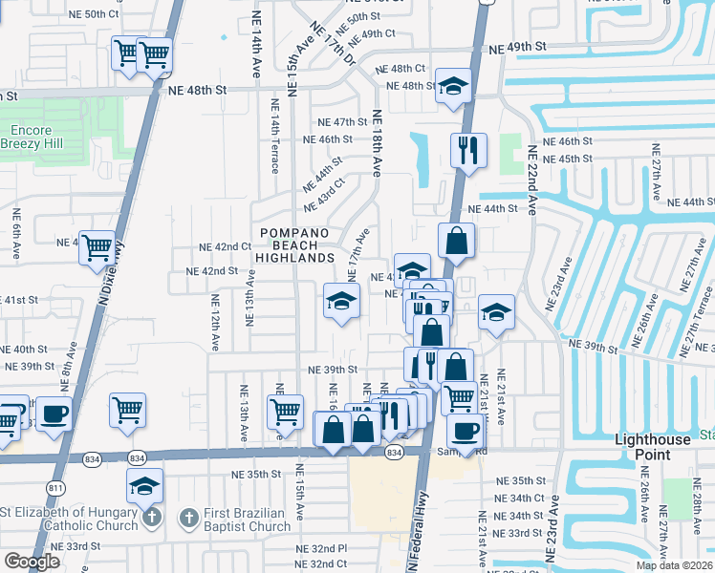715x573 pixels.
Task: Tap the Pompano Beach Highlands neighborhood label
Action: pos(297,245)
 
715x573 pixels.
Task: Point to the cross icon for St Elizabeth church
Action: pos(151,519)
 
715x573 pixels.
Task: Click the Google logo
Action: pos(32,562)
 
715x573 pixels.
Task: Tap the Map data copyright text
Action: pos(675,565)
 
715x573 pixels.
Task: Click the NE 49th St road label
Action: pos(516,46)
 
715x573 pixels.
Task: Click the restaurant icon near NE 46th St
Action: pos(468,149)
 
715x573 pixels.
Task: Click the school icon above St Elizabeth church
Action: pos(144,486)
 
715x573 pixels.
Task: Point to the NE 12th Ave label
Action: pos(216,322)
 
